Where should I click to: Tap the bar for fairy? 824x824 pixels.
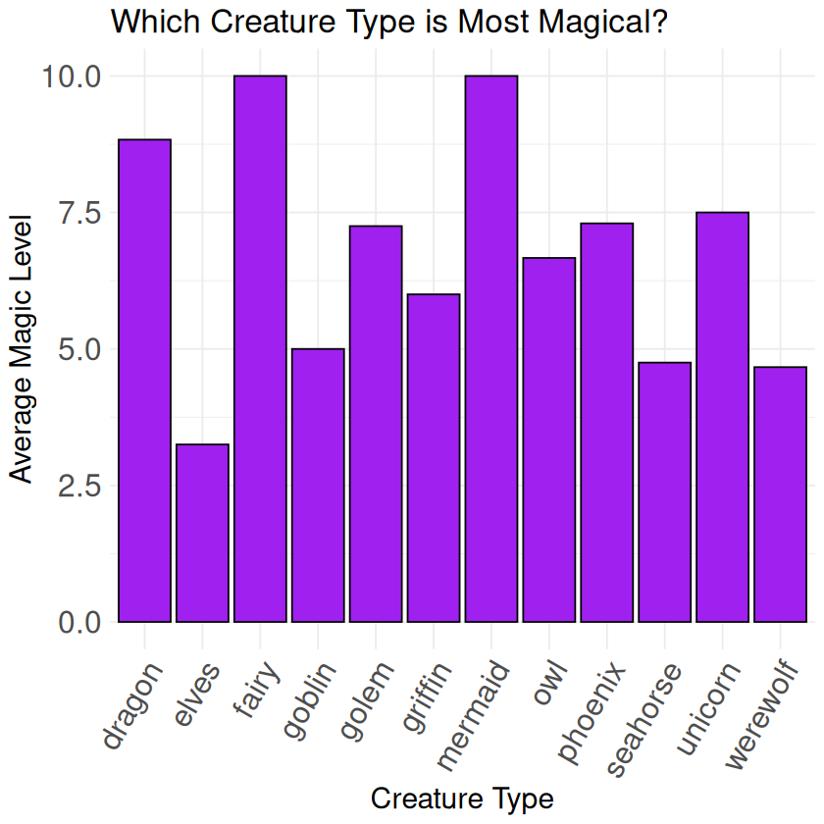coord(260,348)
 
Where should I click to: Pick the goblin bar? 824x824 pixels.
coord(318,485)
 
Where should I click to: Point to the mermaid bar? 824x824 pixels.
coord(491,348)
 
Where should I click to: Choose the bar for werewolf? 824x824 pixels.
coord(781,494)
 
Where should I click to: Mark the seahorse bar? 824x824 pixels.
coord(665,491)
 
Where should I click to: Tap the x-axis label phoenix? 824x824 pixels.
coord(592,709)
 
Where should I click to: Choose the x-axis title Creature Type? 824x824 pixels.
coord(462,798)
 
